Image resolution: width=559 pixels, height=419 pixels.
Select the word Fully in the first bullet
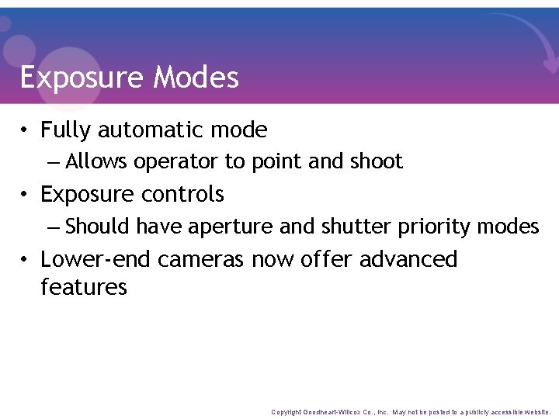click(65, 130)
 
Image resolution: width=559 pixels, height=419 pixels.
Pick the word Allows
click(97, 161)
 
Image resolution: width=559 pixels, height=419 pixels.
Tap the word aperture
click(227, 227)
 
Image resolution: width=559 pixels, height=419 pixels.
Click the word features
click(83, 287)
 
